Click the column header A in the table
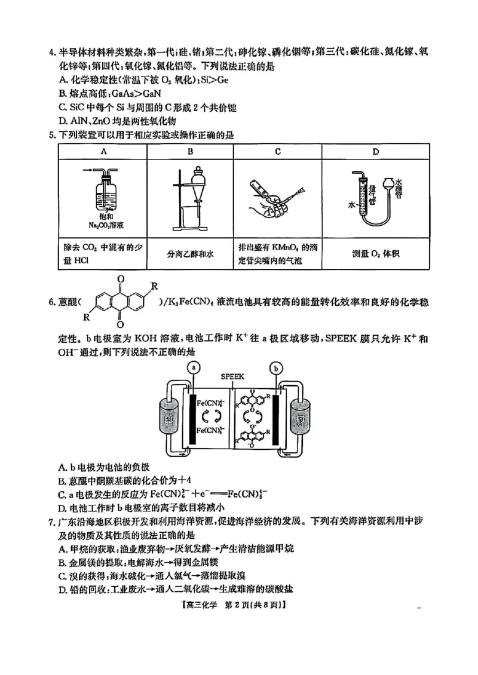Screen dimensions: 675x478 pos(103,152)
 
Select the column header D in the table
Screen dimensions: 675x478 pos(375,152)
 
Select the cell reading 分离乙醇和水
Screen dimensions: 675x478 pos(190,254)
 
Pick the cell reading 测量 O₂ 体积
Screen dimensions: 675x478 pos(375,254)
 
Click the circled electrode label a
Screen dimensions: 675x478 pos(192,368)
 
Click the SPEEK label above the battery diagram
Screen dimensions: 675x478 pos(232,377)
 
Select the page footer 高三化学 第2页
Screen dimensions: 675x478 pos(239,605)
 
